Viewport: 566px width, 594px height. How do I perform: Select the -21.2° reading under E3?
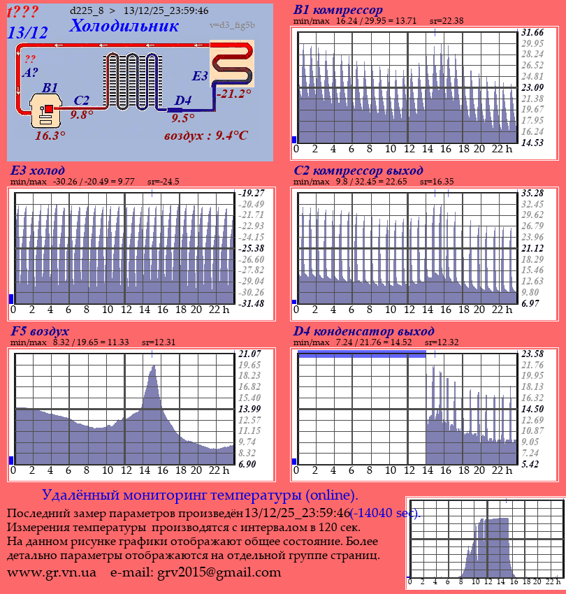click(233, 94)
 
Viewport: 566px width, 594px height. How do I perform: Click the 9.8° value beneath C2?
click(82, 115)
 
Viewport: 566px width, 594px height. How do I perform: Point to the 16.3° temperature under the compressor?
click(50, 136)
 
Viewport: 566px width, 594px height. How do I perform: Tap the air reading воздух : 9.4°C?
click(205, 136)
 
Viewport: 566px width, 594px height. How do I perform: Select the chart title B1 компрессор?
click(338, 10)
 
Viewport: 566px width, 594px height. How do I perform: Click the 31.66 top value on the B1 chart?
click(533, 33)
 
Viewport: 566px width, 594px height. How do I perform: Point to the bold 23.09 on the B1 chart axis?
click(533, 87)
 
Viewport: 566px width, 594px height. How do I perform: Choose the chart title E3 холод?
click(38, 171)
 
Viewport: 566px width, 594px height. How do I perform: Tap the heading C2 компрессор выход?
click(358, 171)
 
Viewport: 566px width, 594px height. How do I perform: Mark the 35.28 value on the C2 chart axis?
click(533, 193)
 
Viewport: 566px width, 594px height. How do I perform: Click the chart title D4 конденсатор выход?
click(364, 331)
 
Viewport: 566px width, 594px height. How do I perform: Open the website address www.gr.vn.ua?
click(52, 572)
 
